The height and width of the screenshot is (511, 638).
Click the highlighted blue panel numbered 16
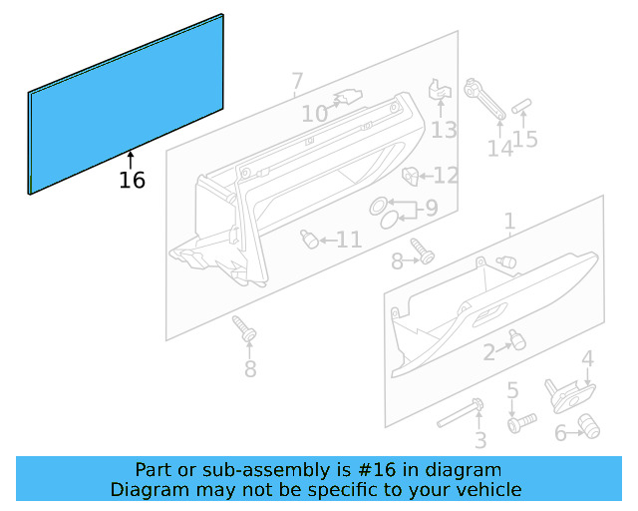tap(127, 104)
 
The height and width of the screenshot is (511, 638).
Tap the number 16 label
tap(132, 181)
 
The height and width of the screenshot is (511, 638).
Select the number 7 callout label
tap(296, 81)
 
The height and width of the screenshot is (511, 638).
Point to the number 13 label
tap(444, 130)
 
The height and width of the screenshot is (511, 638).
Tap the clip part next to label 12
tap(409, 177)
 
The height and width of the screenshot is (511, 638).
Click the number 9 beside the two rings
tap(431, 209)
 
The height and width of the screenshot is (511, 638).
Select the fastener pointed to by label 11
tap(310, 240)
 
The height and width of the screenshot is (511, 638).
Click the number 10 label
tap(314, 115)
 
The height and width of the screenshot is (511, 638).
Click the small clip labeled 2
tap(515, 340)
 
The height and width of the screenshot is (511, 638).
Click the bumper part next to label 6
tap(589, 428)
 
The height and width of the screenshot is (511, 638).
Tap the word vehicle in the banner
tap(486, 490)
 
